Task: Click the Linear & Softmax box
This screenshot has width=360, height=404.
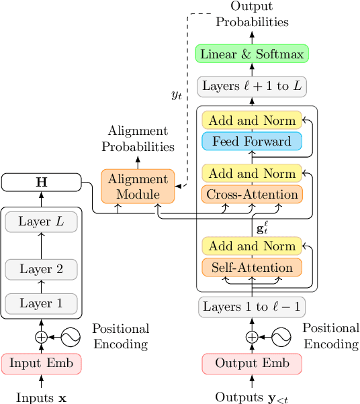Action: (252, 54)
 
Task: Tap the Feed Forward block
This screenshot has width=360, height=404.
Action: (252, 142)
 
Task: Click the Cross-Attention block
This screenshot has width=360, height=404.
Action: (252, 195)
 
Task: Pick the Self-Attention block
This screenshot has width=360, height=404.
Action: (252, 267)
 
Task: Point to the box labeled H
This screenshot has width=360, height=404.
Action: (41, 182)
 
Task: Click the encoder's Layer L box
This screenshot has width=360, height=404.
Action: (41, 221)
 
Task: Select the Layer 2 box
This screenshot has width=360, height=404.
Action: (41, 269)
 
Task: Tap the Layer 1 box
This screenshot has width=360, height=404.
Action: (41, 303)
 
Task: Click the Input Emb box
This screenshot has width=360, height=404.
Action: (41, 363)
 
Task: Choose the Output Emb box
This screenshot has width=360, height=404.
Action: (252, 363)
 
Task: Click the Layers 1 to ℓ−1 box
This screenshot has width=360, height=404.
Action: (252, 307)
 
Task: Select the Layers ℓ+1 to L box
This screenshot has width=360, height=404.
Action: (252, 86)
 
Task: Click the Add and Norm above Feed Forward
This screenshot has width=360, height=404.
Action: (252, 121)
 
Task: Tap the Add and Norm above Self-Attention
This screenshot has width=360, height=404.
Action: (252, 246)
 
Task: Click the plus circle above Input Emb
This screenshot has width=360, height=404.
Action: (41, 337)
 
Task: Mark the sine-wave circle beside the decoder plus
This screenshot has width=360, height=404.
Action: (280, 337)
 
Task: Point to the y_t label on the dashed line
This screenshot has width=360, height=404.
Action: (177, 95)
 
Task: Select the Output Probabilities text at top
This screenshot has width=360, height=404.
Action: (252, 14)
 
